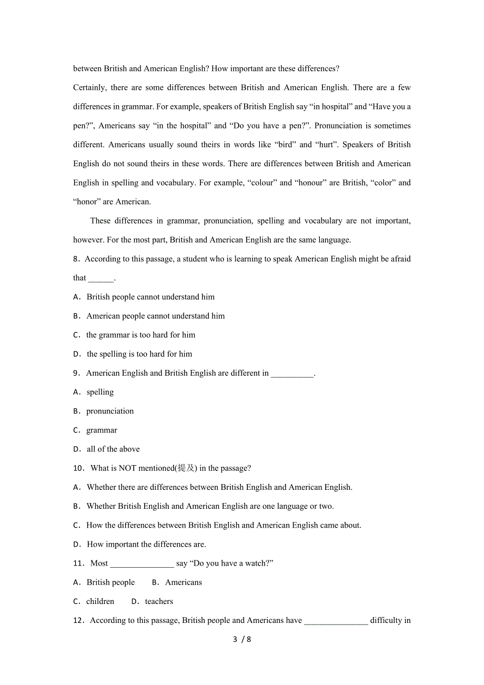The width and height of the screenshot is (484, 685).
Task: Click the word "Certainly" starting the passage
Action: pyautogui.click(x=89, y=88)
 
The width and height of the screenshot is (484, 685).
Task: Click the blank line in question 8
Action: pyautogui.click(x=100, y=278)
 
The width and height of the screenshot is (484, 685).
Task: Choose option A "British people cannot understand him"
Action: pyautogui.click(x=150, y=297)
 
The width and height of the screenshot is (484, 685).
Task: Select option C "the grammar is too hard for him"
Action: pyautogui.click(x=140, y=335)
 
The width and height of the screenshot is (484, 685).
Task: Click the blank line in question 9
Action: pyautogui.click(x=292, y=374)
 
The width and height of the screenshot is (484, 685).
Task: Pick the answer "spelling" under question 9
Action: pyautogui.click(x=100, y=392)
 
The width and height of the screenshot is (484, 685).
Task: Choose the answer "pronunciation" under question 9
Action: pyautogui.click(x=110, y=411)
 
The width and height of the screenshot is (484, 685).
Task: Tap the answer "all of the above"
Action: pyautogui.click(x=113, y=449)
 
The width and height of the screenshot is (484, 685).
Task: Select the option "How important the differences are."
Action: pyautogui.click(x=146, y=545)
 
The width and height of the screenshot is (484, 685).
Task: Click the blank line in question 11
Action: pyautogui.click(x=142, y=564)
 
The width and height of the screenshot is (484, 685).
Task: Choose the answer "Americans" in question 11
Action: pyautogui.click(x=183, y=582)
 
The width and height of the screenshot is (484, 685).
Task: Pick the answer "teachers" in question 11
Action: pyautogui.click(x=159, y=601)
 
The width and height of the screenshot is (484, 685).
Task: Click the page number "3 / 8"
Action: pyautogui.click(x=242, y=640)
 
